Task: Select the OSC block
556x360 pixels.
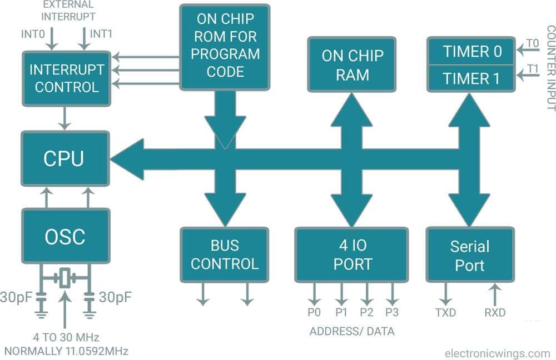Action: [65, 237]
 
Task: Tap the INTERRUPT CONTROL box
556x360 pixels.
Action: [66, 78]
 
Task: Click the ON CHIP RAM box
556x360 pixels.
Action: [352, 64]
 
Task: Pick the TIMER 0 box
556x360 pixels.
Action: [472, 51]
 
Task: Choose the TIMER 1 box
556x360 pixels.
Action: [472, 78]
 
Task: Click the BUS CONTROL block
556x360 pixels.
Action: [225, 254]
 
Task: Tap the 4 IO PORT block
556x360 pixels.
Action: [352, 254]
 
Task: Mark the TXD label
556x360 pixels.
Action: [445, 313]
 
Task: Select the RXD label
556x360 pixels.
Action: [494, 313]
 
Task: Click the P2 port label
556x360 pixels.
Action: [366, 313]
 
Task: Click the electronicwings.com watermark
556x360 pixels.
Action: [497, 353]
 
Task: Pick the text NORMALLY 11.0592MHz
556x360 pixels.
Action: [66, 351]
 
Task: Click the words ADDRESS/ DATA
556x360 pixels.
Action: [351, 332]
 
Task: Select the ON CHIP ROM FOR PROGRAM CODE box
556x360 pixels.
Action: [225, 47]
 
